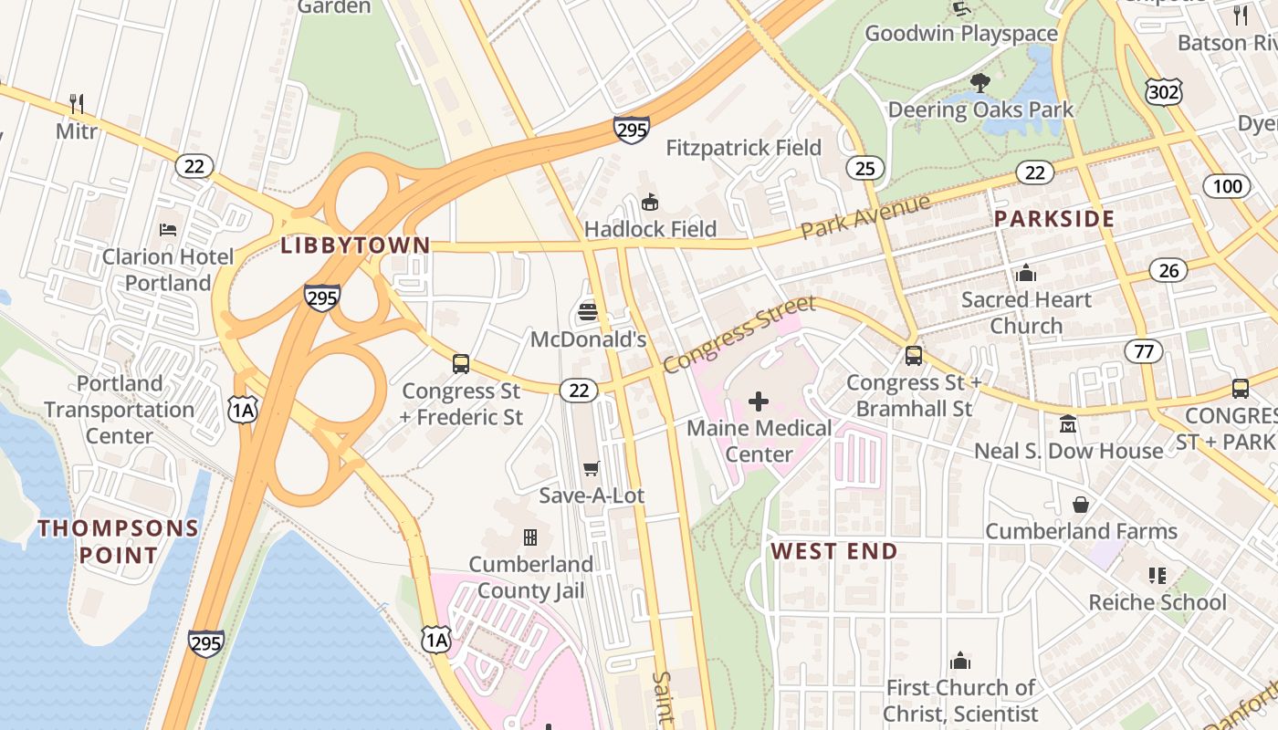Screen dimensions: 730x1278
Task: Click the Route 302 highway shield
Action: click(x=1164, y=90)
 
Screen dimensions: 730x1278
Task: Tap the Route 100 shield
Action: click(x=1227, y=187)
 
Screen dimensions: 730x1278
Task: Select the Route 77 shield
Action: click(x=1143, y=350)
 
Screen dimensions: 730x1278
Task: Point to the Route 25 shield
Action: click(x=864, y=167)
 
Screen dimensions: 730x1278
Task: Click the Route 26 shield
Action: click(x=1168, y=270)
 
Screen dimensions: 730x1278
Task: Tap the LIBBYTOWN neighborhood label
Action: click(x=355, y=245)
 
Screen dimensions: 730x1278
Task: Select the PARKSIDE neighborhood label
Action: click(x=1054, y=219)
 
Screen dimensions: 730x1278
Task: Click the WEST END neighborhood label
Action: click(x=834, y=551)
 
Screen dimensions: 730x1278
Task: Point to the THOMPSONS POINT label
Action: click(x=118, y=541)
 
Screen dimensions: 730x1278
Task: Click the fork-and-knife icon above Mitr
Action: click(x=77, y=104)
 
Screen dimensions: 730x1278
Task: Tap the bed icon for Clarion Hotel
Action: click(x=168, y=229)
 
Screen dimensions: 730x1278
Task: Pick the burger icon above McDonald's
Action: click(x=588, y=312)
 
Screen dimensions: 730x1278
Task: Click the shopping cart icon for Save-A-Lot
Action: click(x=591, y=469)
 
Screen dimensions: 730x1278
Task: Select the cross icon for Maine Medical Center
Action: click(x=759, y=401)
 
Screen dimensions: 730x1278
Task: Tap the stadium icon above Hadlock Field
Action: click(x=650, y=201)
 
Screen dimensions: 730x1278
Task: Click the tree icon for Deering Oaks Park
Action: click(x=980, y=83)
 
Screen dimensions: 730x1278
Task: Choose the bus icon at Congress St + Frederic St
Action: click(x=461, y=364)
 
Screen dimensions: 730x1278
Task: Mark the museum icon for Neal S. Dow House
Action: click(x=1067, y=424)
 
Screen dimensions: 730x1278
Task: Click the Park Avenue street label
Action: click(x=865, y=216)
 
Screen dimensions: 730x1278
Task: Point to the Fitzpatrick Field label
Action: click(x=743, y=148)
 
